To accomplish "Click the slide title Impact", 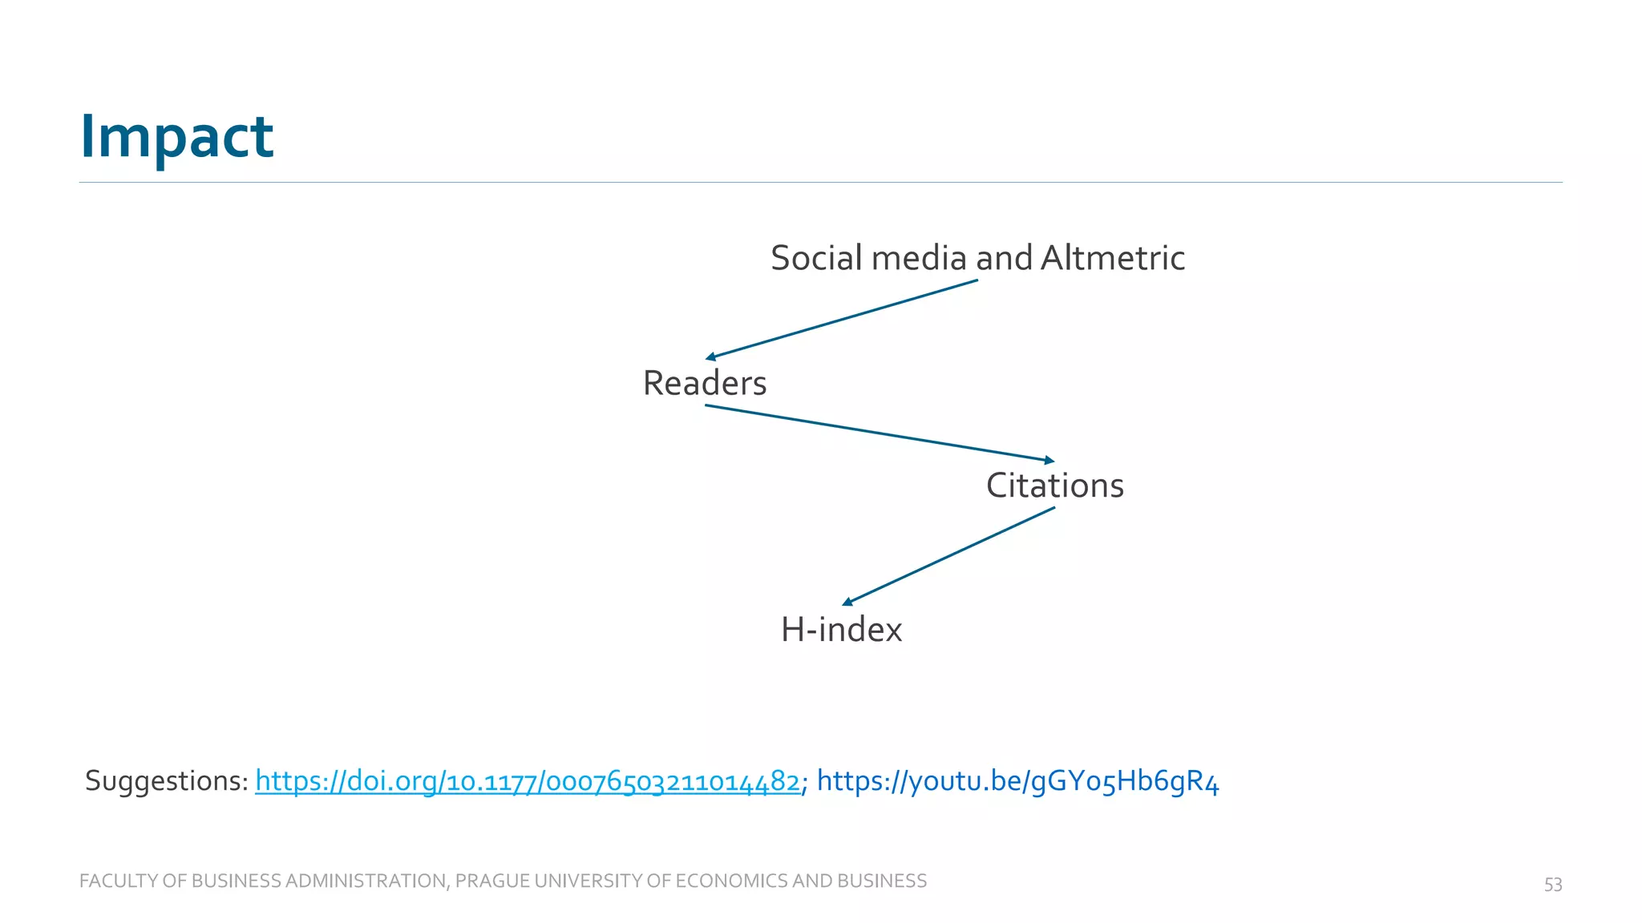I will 176,136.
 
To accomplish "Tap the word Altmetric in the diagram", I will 1112,258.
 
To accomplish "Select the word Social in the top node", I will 817,258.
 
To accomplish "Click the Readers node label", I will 705,383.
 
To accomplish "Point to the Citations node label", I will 1054,486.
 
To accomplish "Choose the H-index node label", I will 841,630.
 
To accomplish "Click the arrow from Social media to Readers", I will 842,319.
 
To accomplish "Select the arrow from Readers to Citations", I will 880,433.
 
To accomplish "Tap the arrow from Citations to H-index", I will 948,555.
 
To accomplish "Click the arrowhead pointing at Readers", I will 710,357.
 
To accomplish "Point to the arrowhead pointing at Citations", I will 1049,460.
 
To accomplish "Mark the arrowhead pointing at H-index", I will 847,602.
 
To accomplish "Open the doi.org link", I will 527,781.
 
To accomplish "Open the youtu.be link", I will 1017,781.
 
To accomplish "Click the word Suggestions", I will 166,781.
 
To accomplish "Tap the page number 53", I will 1553,885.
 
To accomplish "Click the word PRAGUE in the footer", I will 491,881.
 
